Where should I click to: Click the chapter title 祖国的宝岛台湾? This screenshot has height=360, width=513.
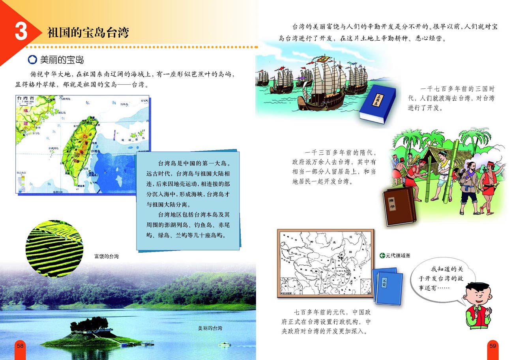pyautogui.click(x=88, y=32)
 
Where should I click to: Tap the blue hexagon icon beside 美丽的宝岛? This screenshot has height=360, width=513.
pyautogui.click(x=32, y=60)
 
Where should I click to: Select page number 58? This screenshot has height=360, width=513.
pyautogui.click(x=20, y=346)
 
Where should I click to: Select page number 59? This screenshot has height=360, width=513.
pyautogui.click(x=492, y=346)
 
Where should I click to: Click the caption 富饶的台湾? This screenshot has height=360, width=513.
pyautogui.click(x=106, y=257)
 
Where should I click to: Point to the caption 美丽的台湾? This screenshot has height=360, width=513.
pyautogui.click(x=210, y=328)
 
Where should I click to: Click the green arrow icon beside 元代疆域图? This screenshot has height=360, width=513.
pyautogui.click(x=382, y=256)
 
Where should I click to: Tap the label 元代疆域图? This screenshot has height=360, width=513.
pyautogui.click(x=398, y=256)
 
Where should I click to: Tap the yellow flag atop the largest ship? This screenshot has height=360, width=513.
pyautogui.click(x=324, y=60)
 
